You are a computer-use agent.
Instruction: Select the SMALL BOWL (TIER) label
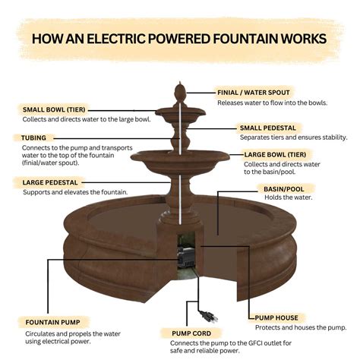(x=55, y=109)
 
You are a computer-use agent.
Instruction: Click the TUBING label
(x=33, y=137)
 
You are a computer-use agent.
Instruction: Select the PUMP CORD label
(x=191, y=332)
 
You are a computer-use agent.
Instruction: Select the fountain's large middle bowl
(x=180, y=159)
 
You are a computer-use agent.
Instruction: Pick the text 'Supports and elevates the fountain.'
(x=74, y=192)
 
